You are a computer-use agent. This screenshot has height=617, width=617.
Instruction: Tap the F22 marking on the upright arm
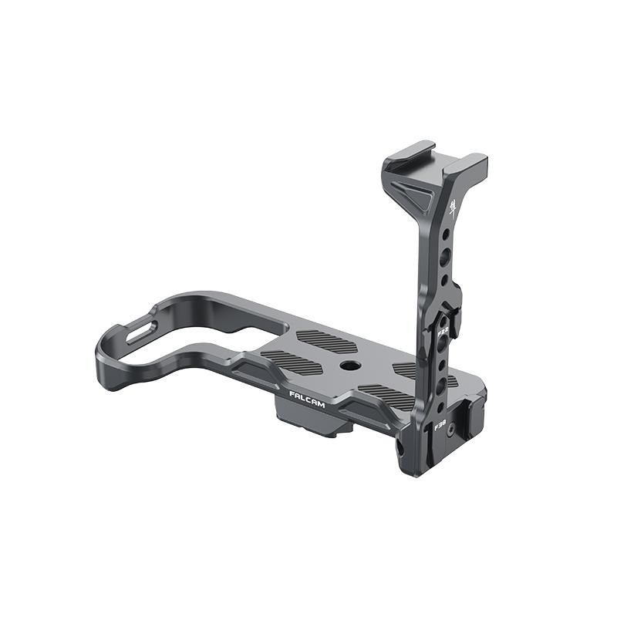(443, 332)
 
